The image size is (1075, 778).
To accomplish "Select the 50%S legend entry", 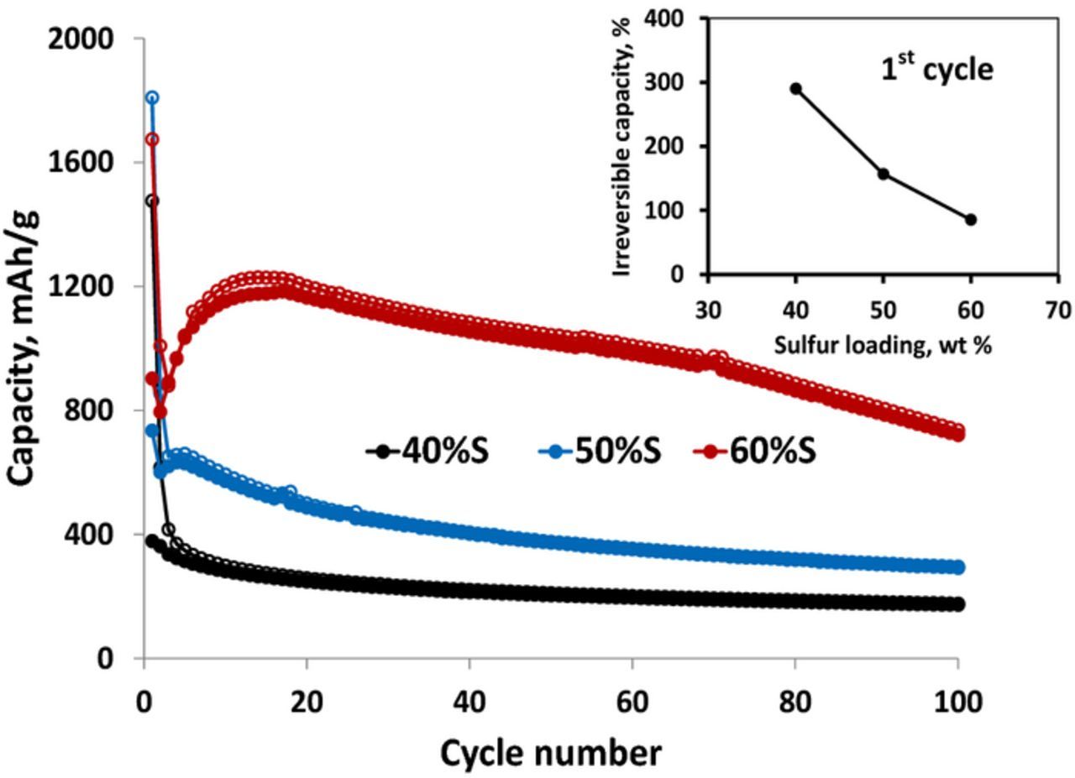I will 600,452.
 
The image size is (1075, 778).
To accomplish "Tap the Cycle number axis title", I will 550,753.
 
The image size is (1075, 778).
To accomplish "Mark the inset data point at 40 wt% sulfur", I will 795,88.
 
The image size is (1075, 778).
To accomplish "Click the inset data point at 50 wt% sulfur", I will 884,174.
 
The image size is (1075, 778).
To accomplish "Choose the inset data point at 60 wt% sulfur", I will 971,220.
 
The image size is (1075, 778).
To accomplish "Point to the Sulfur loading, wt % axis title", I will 883,344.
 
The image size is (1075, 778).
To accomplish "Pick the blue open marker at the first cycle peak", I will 152,97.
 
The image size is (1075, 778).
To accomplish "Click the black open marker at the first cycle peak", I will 152,201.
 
